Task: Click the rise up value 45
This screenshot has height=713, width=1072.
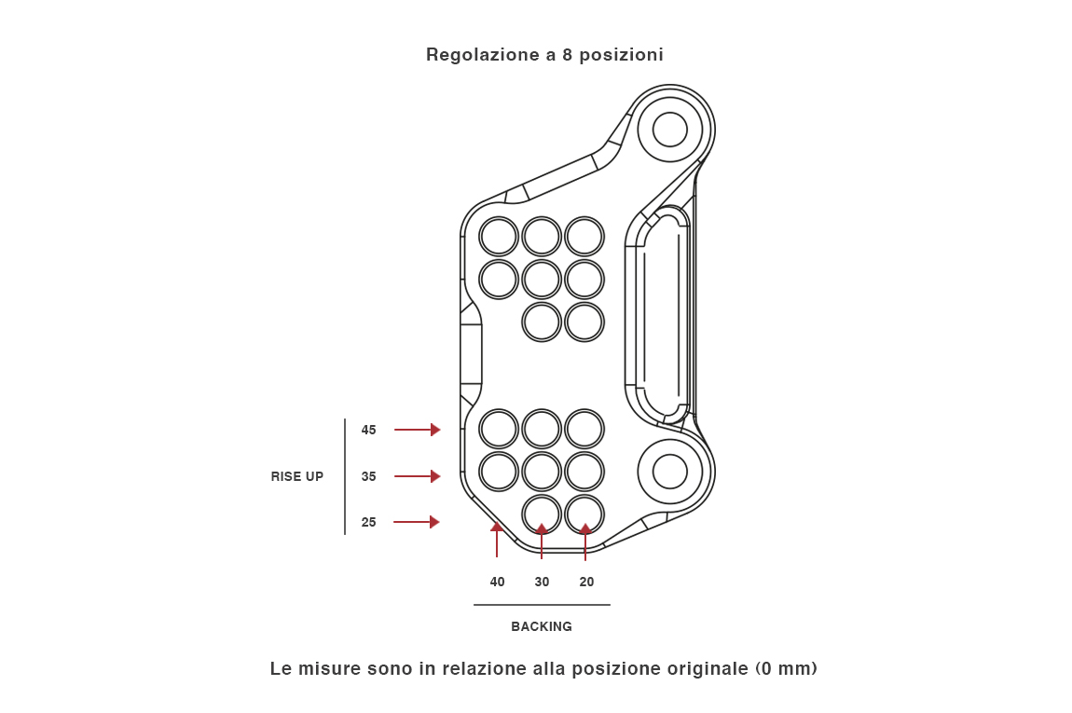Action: tap(369, 430)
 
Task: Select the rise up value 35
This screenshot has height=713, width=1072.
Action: tap(369, 476)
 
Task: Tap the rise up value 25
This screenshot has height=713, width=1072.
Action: tap(369, 522)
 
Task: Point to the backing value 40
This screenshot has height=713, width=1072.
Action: tap(498, 582)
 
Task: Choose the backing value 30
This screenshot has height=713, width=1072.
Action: tap(542, 582)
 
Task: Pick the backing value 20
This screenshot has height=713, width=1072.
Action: tap(586, 582)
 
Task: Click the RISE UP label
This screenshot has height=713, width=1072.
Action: tap(297, 476)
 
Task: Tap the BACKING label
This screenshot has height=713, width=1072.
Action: tap(542, 626)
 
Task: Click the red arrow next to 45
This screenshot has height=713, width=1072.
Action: tap(417, 430)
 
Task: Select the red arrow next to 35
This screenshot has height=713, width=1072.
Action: tap(417, 476)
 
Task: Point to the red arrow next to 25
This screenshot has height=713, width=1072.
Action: tap(417, 522)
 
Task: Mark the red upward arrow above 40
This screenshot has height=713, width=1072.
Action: tap(497, 540)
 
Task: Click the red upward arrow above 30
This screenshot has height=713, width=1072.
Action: tap(542, 542)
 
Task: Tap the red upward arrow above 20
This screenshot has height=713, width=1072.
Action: tap(585, 542)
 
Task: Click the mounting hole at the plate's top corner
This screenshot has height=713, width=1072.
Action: tap(669, 130)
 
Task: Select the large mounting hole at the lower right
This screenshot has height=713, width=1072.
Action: tap(669, 472)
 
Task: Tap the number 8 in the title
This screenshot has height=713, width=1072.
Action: tap(568, 54)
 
